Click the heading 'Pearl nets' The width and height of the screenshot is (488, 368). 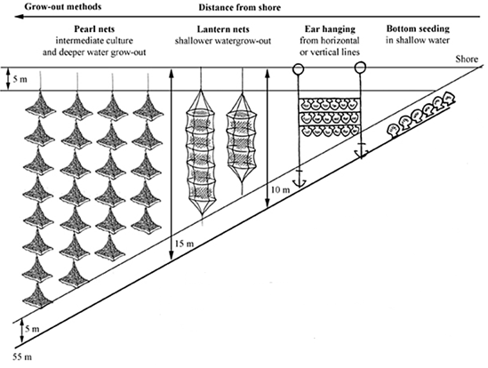point(94,29)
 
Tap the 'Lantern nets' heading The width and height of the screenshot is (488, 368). point(223,29)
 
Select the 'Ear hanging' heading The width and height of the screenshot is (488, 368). point(330,29)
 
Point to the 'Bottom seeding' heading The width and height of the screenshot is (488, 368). point(418,29)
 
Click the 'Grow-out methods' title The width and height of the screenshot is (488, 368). point(63,6)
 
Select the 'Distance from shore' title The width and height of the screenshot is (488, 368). point(240,7)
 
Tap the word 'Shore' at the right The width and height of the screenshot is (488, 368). point(467,60)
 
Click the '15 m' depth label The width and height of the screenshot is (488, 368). point(184,244)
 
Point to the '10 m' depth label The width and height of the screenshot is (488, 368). point(280,189)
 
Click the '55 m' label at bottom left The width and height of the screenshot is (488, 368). point(22,356)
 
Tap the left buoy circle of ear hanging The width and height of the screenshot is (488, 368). point(298,68)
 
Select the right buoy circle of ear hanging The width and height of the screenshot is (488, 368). point(360,67)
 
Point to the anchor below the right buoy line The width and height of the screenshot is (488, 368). point(361,151)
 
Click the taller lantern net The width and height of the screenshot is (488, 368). point(202,154)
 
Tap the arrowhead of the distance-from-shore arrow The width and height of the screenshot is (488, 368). point(20,17)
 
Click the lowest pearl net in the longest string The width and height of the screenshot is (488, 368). point(37,295)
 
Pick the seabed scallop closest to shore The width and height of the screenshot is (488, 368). point(447,98)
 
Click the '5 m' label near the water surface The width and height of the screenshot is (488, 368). point(20,79)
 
